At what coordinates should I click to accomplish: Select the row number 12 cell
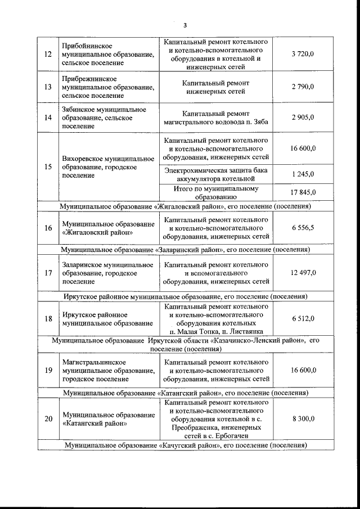pyautogui.click(x=48, y=55)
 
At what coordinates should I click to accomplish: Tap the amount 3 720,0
pyautogui.click(x=303, y=55)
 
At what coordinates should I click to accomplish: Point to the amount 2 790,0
pyautogui.click(x=303, y=87)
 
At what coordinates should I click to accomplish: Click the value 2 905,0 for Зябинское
pyautogui.click(x=303, y=118)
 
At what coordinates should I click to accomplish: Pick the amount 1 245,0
pyautogui.click(x=303, y=174)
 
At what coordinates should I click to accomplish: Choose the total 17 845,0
pyautogui.click(x=303, y=192)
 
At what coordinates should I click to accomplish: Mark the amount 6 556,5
pyautogui.click(x=303, y=228)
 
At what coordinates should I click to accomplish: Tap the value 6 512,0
pyautogui.click(x=303, y=318)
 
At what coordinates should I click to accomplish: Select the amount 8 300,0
pyautogui.click(x=303, y=419)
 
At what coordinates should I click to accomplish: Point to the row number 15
pyautogui.click(x=48, y=167)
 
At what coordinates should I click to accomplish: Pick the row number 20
pyautogui.click(x=48, y=419)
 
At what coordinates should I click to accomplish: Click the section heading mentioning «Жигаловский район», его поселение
pyautogui.click(x=186, y=206)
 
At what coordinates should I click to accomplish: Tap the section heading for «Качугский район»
pyautogui.click(x=186, y=445)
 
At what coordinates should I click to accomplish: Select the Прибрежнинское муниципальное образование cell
pyautogui.click(x=107, y=87)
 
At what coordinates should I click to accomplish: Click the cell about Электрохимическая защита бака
pyautogui.click(x=216, y=174)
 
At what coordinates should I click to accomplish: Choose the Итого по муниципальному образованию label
pyautogui.click(x=216, y=192)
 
